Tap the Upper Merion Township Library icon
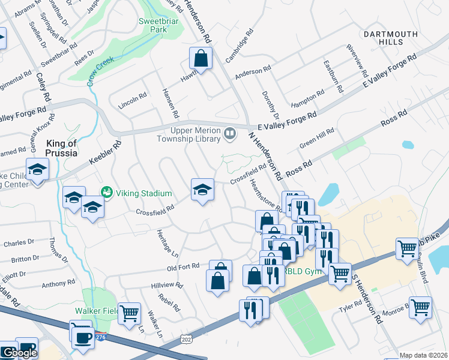tap(230, 134)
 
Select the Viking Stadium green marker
tap(107, 193)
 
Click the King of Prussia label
tap(62, 148)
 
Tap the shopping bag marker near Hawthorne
tap(200, 59)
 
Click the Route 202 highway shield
tap(187, 340)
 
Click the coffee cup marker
tap(82, 337)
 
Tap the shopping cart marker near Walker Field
tap(129, 314)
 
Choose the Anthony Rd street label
tap(58, 283)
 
